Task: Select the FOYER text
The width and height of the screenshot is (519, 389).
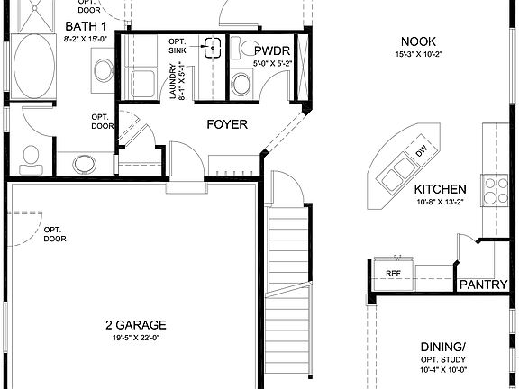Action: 227,124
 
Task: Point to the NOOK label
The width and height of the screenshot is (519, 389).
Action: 419,41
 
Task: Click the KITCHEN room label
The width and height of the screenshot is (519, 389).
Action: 440,189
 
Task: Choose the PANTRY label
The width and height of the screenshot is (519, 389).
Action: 484,285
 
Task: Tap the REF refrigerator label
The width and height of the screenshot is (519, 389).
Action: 393,272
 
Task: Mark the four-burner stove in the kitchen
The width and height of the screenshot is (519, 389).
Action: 496,189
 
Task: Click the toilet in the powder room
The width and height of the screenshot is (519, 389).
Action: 241,85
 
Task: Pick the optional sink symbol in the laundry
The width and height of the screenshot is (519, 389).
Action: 213,48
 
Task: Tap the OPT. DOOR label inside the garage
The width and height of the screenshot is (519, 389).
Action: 56,234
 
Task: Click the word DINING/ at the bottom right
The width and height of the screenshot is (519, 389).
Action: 443,347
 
